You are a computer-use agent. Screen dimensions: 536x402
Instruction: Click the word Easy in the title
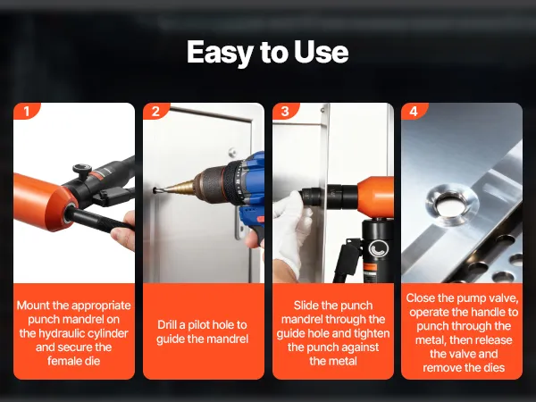pos(220,53)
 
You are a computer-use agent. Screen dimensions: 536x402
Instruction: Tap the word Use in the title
pos(321,52)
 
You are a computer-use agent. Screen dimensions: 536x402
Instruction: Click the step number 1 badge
pos(27,111)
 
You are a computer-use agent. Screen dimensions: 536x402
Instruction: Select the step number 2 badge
pos(155,111)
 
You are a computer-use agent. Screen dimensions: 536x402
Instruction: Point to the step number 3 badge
pos(285,111)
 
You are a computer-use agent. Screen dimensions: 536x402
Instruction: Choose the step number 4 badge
pos(414,111)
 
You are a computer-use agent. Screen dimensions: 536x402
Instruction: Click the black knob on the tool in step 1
pos(82,170)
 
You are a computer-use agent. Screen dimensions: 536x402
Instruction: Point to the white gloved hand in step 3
pos(289,229)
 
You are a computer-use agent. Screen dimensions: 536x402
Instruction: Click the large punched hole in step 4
pos(450,206)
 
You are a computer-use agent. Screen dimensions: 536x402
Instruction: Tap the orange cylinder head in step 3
pos(376,197)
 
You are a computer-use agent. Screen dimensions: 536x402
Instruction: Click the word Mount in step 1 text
pos(32,306)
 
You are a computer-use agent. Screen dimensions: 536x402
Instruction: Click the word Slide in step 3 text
pos(305,306)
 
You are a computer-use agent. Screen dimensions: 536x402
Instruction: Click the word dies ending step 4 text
pos(494,368)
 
